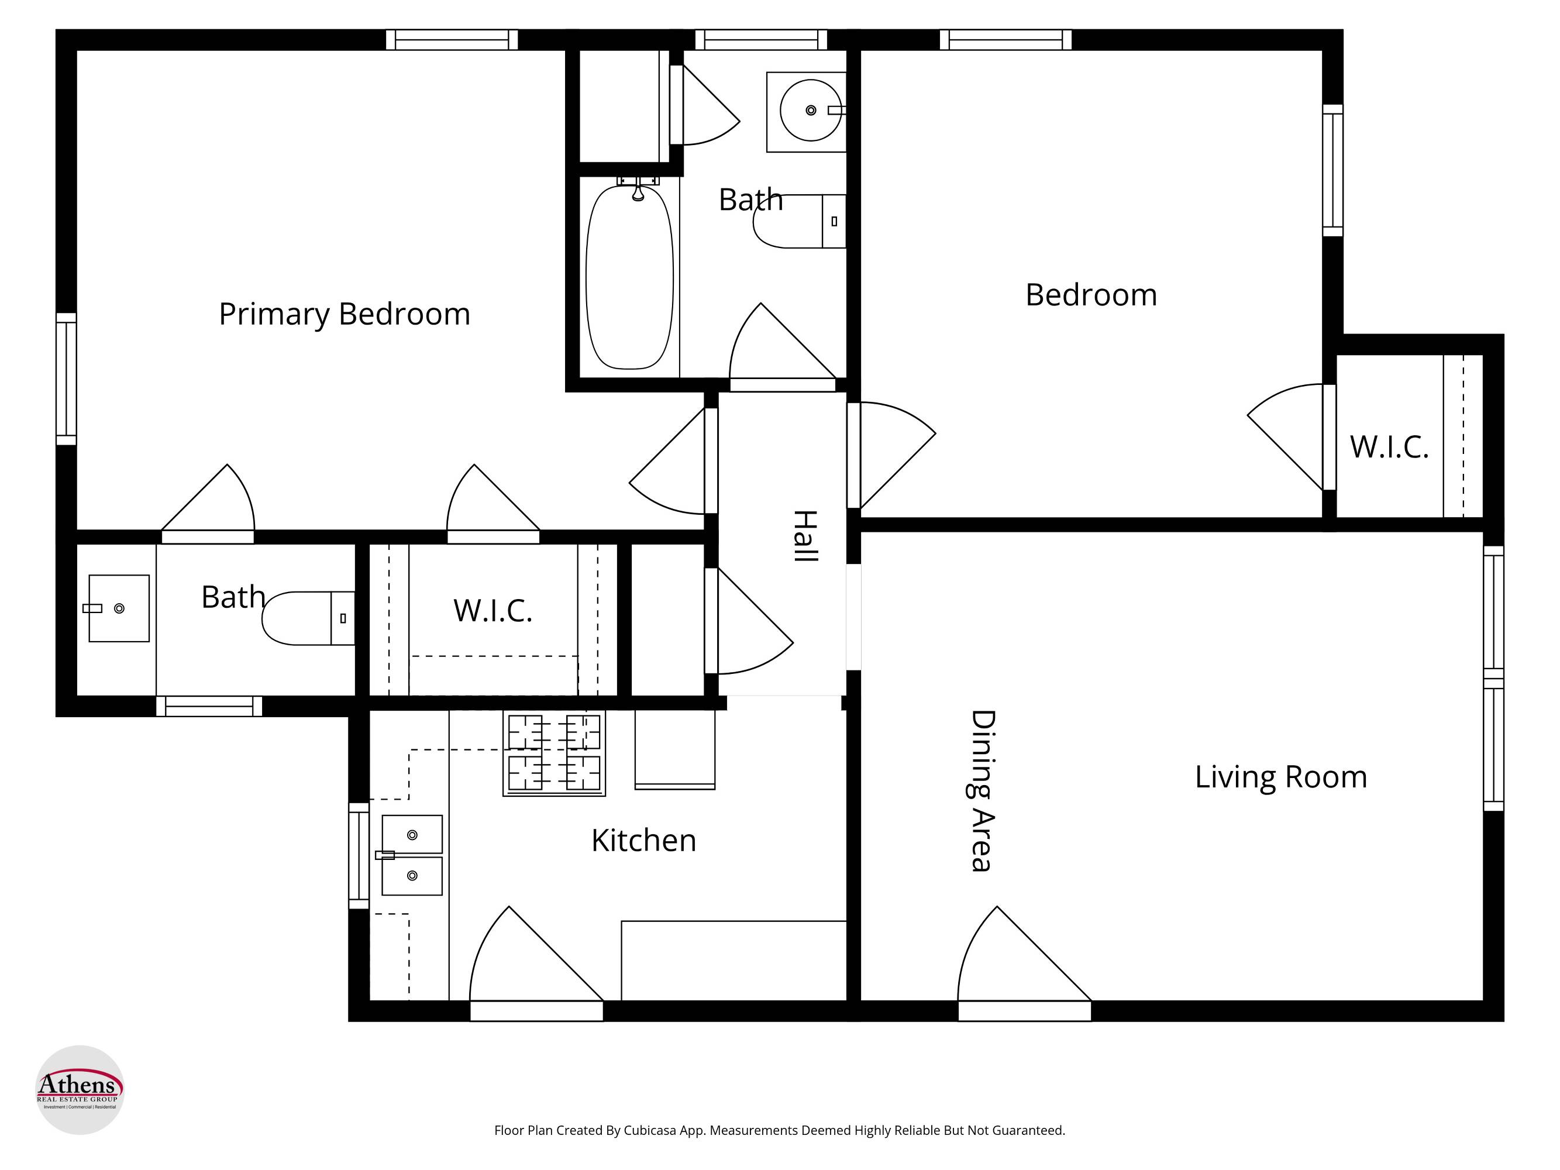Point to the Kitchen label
click(x=643, y=841)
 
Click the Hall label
click(x=805, y=536)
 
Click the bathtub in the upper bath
click(x=629, y=277)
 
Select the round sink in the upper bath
click(x=810, y=111)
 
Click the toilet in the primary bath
click(x=308, y=618)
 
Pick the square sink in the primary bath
click(x=119, y=608)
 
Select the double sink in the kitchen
click(x=412, y=855)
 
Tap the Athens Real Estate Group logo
click(x=80, y=1090)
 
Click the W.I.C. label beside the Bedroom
click(x=1389, y=447)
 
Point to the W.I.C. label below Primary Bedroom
click(x=493, y=611)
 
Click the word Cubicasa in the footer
click(x=649, y=1130)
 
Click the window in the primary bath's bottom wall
click(x=209, y=706)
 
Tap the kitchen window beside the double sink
click(x=359, y=855)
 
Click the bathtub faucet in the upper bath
click(x=638, y=188)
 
